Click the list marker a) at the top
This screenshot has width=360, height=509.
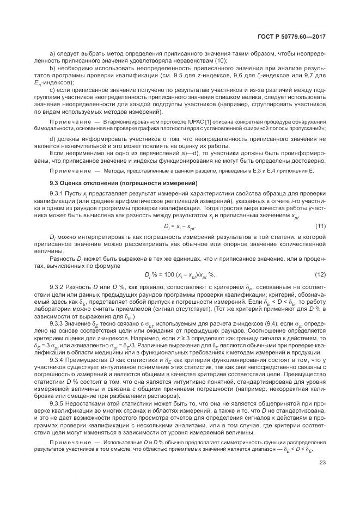click(52, 53)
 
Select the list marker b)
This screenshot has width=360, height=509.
click(52, 67)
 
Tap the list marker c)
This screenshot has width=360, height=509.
click(52, 88)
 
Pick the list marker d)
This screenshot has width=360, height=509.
click(52, 138)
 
